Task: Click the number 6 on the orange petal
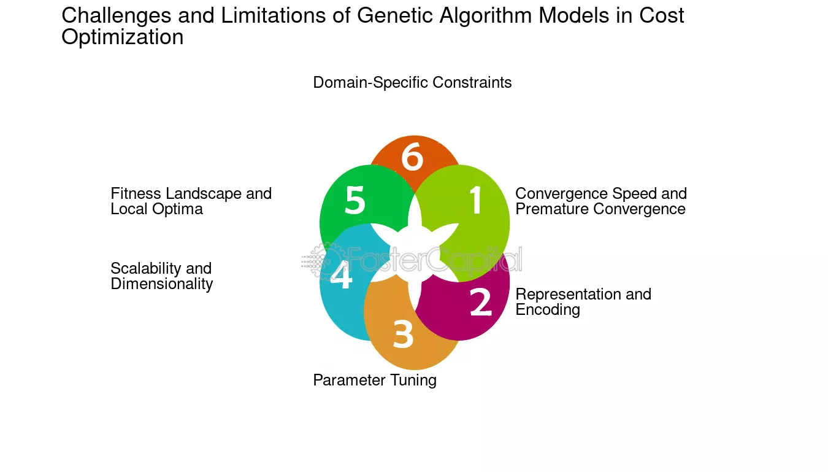pos(412,157)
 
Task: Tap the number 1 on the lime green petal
pos(476,199)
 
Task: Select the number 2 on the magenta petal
pos(481,302)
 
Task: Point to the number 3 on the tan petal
pos(403,334)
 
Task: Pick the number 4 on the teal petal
pos(341,274)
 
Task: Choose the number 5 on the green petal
pos(355,200)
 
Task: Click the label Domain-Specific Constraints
pos(412,82)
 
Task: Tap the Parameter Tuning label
pos(375,381)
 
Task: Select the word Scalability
pos(145,269)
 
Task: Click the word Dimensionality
pos(161,284)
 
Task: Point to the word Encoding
pos(548,310)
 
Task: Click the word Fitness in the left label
pos(136,193)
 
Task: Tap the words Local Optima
pos(157,209)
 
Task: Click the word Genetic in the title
pos(394,16)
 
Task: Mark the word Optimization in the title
pos(122,37)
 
